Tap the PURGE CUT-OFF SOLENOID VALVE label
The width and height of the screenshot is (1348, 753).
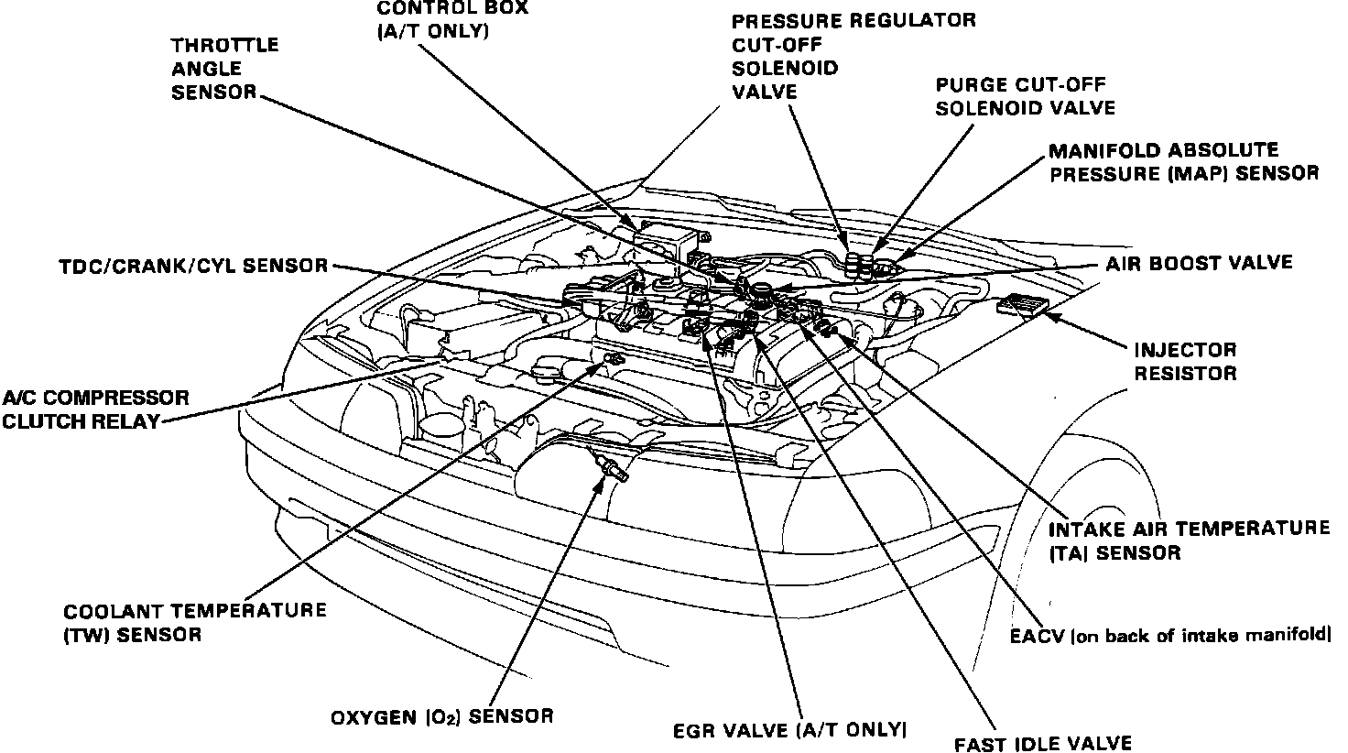pos(1025,96)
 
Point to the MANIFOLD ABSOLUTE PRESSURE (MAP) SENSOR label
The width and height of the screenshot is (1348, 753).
pos(1183,161)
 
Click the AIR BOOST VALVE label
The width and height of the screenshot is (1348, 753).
pos(1198,263)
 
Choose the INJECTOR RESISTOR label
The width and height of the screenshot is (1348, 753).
pos(1185,362)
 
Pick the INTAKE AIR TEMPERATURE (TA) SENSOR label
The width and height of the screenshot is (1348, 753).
pos(1188,540)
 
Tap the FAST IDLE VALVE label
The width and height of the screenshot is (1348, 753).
pos(1042,743)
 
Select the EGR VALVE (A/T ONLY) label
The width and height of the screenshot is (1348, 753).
pos(789,730)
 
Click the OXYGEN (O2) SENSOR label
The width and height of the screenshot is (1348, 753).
pos(442,715)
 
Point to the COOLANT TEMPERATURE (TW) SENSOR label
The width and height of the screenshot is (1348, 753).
pos(194,622)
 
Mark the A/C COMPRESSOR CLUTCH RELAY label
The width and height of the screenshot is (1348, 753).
pos(94,409)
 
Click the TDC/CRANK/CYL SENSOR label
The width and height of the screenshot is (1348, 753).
pos(193,266)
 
